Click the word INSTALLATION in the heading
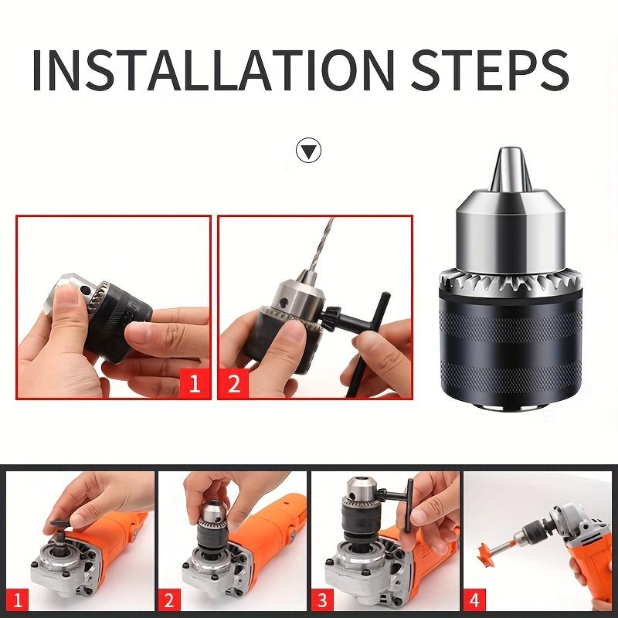(x=213, y=70)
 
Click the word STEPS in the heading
(x=490, y=70)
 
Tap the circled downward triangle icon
(x=308, y=150)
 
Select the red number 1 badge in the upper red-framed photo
(x=195, y=383)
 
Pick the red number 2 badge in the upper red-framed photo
(x=234, y=383)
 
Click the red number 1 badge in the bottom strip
(x=18, y=600)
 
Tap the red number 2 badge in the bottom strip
(x=169, y=600)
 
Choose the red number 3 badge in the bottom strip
(x=322, y=600)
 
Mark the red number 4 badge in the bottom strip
(x=474, y=600)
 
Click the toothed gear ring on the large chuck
(x=511, y=280)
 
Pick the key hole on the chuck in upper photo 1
(x=85, y=290)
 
